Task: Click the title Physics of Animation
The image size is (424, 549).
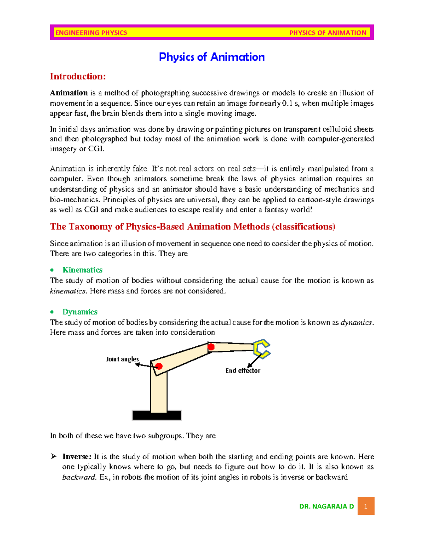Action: point(212,57)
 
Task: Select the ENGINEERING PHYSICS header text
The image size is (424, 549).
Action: point(91,33)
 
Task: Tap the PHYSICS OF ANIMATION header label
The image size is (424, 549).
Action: point(328,33)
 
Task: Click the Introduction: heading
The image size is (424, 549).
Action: point(78,76)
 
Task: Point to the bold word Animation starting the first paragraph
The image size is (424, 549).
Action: point(69,93)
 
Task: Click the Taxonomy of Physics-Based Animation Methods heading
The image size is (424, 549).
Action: point(193,227)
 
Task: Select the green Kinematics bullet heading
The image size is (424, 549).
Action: point(82,270)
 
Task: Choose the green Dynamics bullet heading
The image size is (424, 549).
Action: point(80,312)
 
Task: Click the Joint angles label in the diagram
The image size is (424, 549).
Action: point(122,359)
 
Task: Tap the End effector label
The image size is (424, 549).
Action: point(243,370)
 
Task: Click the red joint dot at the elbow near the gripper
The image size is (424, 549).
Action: point(211,347)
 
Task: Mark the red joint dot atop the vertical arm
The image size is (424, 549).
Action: point(159,366)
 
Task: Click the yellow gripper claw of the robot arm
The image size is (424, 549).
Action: point(262,349)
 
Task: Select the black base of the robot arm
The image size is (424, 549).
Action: point(157,415)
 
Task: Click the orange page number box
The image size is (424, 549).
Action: point(366,506)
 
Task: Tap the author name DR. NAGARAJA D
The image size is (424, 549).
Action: point(326,506)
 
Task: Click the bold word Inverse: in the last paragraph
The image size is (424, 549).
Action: point(77,457)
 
